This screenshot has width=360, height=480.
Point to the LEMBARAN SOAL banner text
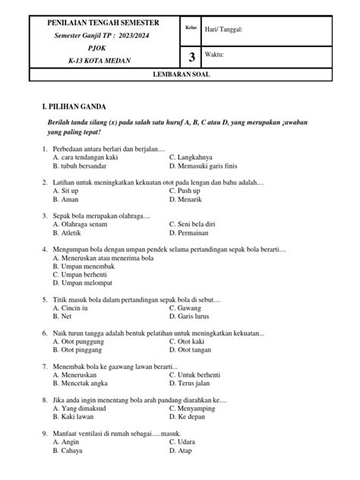tap(180, 75)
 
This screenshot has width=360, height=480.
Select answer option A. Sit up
tap(67, 191)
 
